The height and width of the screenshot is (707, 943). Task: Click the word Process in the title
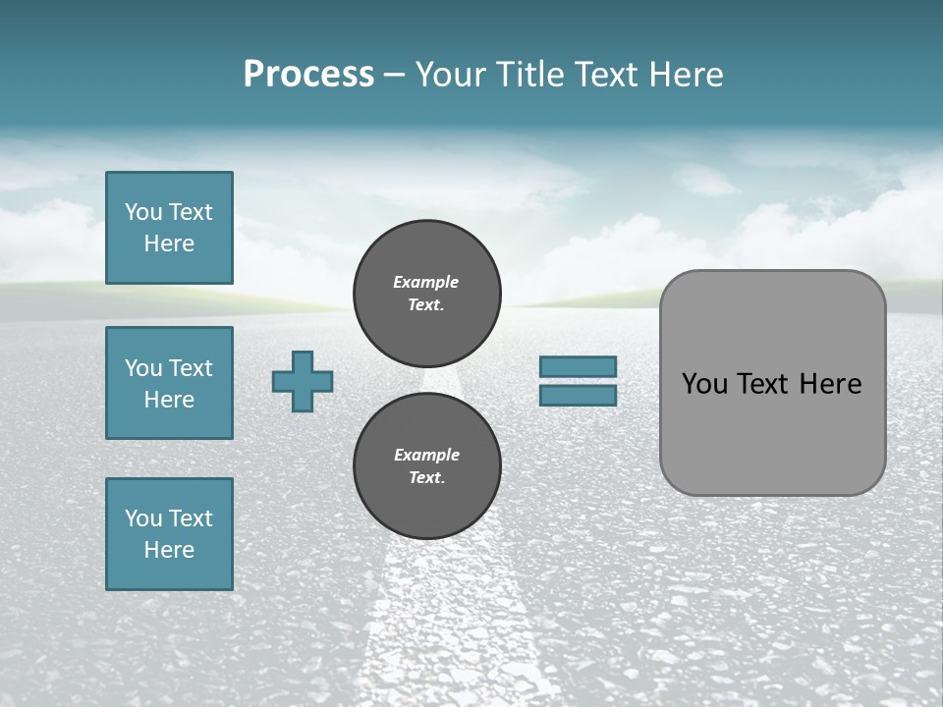point(308,75)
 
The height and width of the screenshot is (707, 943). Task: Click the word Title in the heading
point(531,75)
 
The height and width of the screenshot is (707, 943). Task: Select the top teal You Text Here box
point(169,228)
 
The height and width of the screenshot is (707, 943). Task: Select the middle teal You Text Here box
point(169,383)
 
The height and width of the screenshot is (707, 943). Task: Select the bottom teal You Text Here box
point(169,534)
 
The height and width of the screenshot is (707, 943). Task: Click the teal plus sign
point(303,381)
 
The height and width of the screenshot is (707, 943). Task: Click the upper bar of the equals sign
point(578,367)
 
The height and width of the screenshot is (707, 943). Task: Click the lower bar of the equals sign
point(578,395)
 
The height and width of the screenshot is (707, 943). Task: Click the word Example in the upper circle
point(426,282)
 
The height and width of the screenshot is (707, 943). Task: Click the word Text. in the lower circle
point(426,478)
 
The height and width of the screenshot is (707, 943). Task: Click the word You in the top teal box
point(143,212)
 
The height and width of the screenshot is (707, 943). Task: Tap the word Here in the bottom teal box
point(169,550)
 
